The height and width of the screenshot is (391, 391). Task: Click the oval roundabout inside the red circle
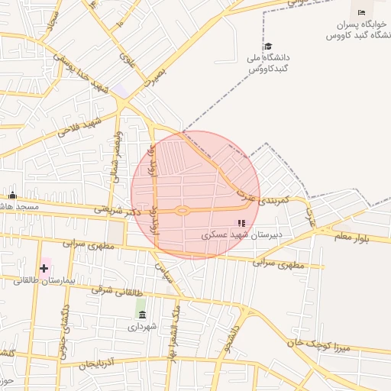pos(182,211)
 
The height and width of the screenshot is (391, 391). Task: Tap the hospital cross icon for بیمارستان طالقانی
pos(44,268)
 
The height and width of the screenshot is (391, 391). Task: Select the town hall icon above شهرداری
pos(141,314)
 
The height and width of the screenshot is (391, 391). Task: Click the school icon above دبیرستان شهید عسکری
pos(241,224)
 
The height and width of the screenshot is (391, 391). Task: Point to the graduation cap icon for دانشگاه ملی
pos(267,47)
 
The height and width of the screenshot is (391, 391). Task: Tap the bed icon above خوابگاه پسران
pos(361,13)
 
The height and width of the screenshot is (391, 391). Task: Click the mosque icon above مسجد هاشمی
pos(12,195)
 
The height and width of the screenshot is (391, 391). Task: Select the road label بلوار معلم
pos(351,239)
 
